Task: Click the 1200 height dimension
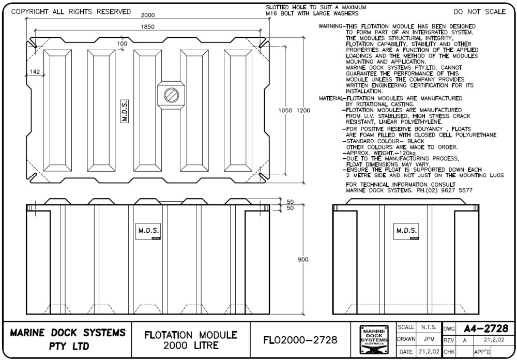(304, 110)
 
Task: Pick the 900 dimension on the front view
(303, 259)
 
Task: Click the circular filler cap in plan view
(171, 95)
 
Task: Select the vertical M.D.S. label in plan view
(125, 110)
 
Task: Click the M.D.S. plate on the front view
(148, 230)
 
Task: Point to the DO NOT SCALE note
(479, 12)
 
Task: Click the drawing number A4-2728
(485, 328)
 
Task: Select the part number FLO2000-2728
(300, 339)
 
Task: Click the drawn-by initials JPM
(428, 339)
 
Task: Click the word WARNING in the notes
(330, 26)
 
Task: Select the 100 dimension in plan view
(122, 44)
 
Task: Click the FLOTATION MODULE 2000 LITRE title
(191, 340)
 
